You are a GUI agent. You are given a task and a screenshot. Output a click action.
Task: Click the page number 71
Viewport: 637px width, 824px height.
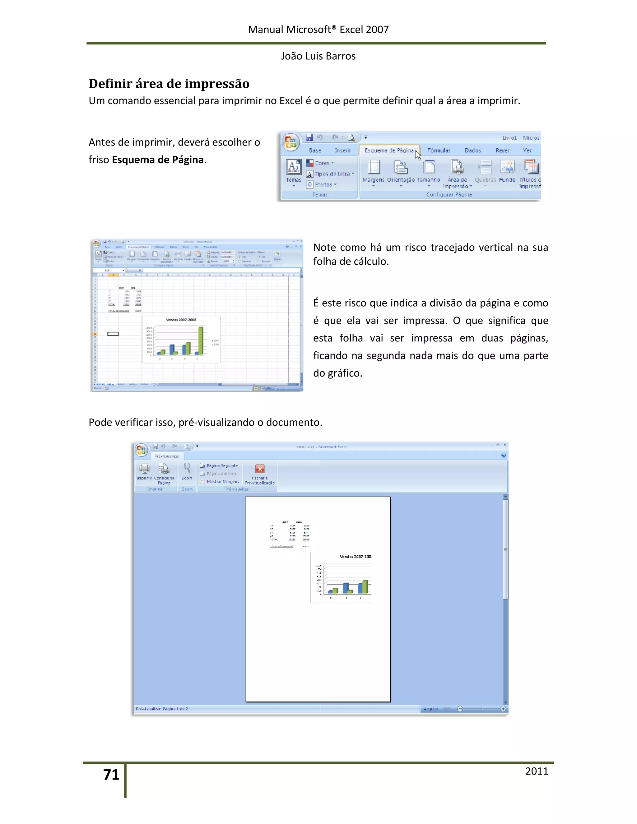pos(111,775)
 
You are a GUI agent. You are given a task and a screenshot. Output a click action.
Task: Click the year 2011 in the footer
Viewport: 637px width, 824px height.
pos(536,771)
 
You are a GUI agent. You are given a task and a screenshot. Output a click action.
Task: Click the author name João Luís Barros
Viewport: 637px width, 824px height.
pos(318,56)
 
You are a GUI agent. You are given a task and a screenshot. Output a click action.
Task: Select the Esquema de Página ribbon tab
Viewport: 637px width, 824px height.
pos(389,150)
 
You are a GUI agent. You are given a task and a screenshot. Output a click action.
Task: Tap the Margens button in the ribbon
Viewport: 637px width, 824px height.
pos(373,172)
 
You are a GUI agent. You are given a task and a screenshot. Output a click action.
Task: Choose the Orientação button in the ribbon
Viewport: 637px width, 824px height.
pos(400,172)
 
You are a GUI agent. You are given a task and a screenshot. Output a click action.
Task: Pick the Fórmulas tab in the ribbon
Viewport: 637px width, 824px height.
pos(439,150)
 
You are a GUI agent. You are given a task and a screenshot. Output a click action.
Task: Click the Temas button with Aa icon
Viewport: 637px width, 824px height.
pos(294,170)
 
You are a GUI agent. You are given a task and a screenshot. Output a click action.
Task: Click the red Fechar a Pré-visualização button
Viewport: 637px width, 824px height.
pos(260,474)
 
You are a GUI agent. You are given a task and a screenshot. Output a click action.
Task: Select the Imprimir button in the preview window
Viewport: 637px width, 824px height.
pos(144,472)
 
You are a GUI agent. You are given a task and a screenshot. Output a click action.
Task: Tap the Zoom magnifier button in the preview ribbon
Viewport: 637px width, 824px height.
pos(187,471)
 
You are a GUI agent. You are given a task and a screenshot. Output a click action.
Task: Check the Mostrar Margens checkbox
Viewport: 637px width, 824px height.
pos(203,481)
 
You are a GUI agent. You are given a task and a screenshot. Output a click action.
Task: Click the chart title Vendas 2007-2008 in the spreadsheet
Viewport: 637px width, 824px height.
pos(181,320)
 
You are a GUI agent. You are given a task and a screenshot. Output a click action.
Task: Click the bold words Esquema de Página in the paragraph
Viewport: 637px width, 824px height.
pos(158,160)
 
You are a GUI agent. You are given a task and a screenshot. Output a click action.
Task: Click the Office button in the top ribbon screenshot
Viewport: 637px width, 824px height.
pos(291,142)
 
